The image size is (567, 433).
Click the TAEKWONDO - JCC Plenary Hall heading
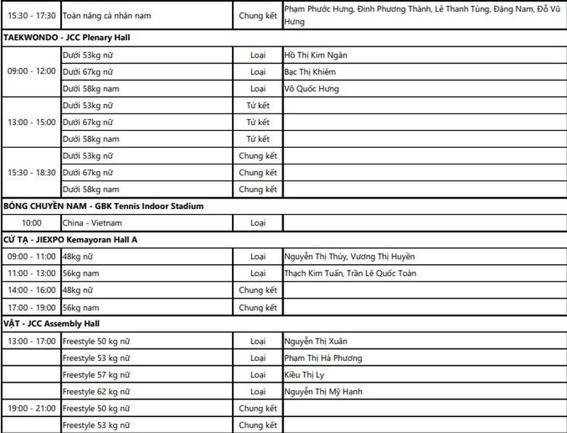67,37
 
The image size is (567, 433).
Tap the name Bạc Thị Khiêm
310,72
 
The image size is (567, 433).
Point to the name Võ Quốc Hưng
312,89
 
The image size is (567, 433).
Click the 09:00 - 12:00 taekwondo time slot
31,71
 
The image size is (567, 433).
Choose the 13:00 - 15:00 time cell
31,122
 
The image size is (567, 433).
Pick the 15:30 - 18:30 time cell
31,172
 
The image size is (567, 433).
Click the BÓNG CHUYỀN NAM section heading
103,206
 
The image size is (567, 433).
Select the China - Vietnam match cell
92,223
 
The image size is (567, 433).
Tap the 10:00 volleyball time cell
31,223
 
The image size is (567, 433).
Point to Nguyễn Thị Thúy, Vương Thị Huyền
350,256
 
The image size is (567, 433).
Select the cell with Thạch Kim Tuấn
350,273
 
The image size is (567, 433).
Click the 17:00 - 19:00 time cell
31,307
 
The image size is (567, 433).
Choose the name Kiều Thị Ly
305,375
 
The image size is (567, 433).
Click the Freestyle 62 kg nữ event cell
96,392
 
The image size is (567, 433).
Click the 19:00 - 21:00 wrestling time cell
31,408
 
